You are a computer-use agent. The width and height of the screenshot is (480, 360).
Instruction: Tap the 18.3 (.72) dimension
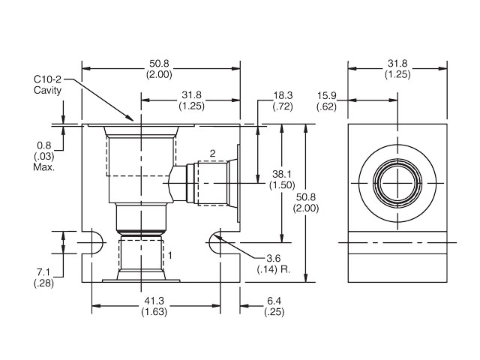282,102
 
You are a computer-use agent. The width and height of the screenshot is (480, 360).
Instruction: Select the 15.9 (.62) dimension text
326,102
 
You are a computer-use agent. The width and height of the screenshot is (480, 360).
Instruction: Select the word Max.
43,166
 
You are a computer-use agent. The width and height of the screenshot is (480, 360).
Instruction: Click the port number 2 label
212,154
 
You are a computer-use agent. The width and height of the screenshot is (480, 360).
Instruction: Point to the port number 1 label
170,256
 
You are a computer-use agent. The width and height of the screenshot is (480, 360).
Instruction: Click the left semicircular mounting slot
91,243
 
